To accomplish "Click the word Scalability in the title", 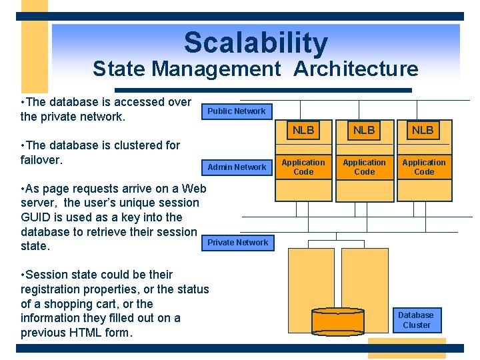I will pos(256,43).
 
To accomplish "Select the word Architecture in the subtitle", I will pos(356,69).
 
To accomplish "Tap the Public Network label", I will pos(236,111).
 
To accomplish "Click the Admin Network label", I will pos(237,167).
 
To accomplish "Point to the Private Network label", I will pos(237,243).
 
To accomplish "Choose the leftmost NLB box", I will pos(303,131).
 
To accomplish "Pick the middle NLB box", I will pos(364,131).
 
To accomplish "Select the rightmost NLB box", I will pos(423,131).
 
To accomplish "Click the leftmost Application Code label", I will pos(303,167).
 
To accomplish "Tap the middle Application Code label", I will pos(364,167).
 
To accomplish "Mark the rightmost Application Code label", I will pos(424,167).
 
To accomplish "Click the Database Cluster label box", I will pos(415,320).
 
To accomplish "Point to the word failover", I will pos(41,160).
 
